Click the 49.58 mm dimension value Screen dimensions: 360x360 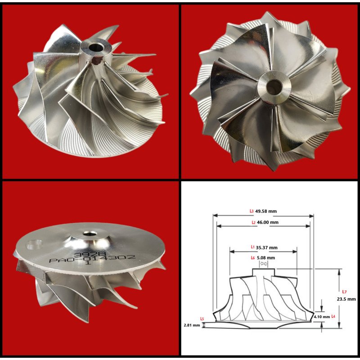pos(266,211)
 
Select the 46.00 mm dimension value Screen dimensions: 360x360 pos(268,222)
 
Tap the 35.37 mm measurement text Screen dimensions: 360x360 pos(267,247)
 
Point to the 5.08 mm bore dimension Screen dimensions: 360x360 pos(266,257)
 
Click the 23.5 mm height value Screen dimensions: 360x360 pos(346,299)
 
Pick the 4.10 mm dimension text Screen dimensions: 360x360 pos(322,317)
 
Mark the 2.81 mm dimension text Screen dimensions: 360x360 pos(192,325)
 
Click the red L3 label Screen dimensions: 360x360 pos(252,211)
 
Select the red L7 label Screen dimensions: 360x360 pos(344,292)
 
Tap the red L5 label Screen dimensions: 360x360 pos(202,319)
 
